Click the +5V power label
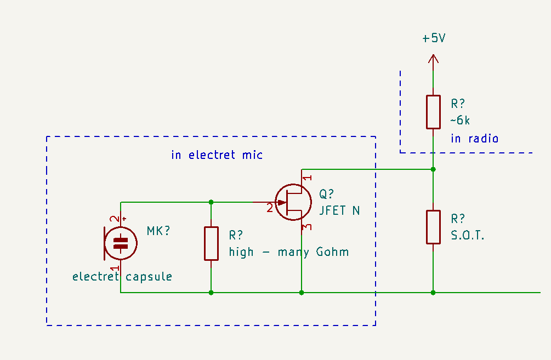point(433,39)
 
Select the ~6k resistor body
point(433,112)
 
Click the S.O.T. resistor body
point(433,226)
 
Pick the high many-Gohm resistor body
point(211,243)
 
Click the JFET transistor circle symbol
point(293,202)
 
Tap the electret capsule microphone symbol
point(121,243)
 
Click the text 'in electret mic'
point(217,155)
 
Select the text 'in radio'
point(474,139)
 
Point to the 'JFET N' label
point(339,210)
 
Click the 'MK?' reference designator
point(158,231)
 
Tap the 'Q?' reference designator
point(326,194)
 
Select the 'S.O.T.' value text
point(468,236)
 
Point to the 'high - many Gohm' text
point(289,252)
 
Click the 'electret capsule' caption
point(122,277)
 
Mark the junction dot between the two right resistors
point(433,169)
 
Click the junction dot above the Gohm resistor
point(211,202)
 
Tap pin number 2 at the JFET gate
point(269,208)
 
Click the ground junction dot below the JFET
point(302,293)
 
